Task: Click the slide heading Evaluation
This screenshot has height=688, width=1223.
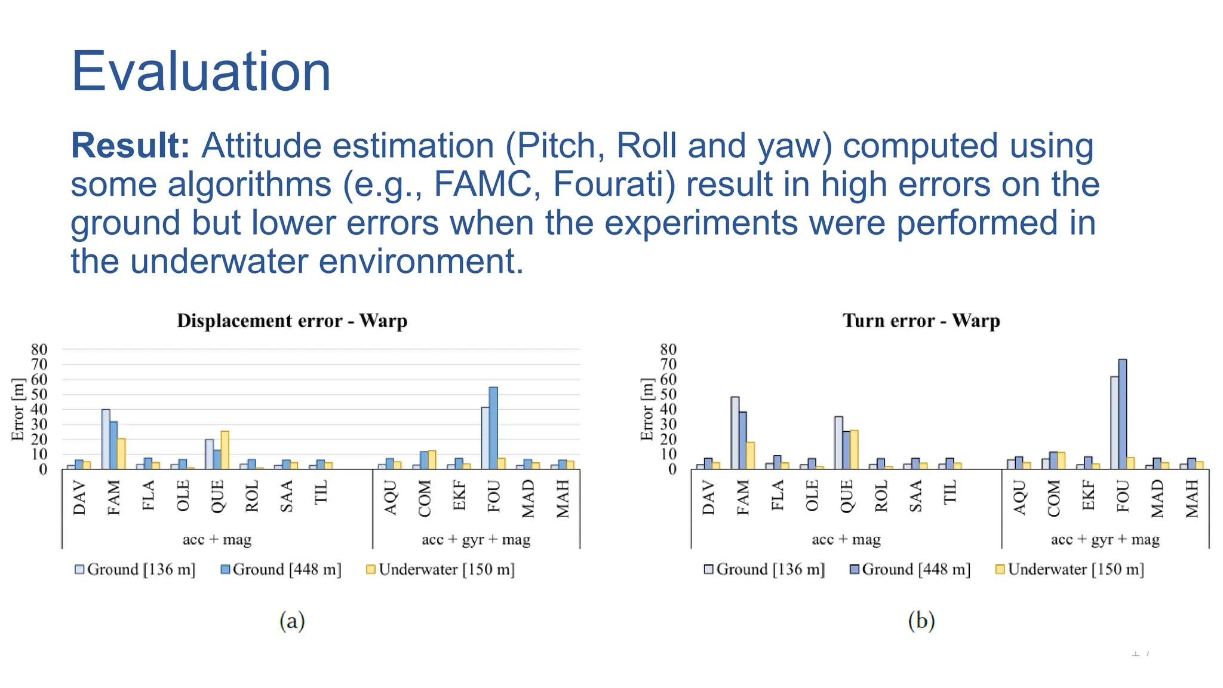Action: pyautogui.click(x=201, y=72)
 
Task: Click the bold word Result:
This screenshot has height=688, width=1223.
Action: pyautogui.click(x=130, y=146)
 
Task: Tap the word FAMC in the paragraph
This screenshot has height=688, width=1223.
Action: pyautogui.click(x=483, y=184)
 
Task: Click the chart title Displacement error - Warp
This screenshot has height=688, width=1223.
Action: pyautogui.click(x=292, y=321)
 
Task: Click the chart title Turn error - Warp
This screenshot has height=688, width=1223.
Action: pyautogui.click(x=921, y=321)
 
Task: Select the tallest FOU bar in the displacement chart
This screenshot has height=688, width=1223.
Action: pyautogui.click(x=493, y=428)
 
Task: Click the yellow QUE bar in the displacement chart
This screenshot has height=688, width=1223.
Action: pyautogui.click(x=225, y=450)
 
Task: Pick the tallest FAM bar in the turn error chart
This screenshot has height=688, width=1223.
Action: pyautogui.click(x=735, y=432)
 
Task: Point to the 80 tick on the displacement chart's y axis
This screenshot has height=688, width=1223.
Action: pyautogui.click(x=39, y=349)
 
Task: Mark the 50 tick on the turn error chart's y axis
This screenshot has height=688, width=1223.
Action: pyautogui.click(x=668, y=394)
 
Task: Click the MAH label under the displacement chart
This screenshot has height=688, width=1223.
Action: pyautogui.click(x=563, y=499)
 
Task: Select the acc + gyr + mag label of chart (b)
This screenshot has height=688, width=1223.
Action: pyautogui.click(x=1105, y=539)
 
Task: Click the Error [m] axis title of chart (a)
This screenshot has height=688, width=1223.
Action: pyautogui.click(x=18, y=409)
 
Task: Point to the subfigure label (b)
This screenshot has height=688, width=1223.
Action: pyautogui.click(x=921, y=621)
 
